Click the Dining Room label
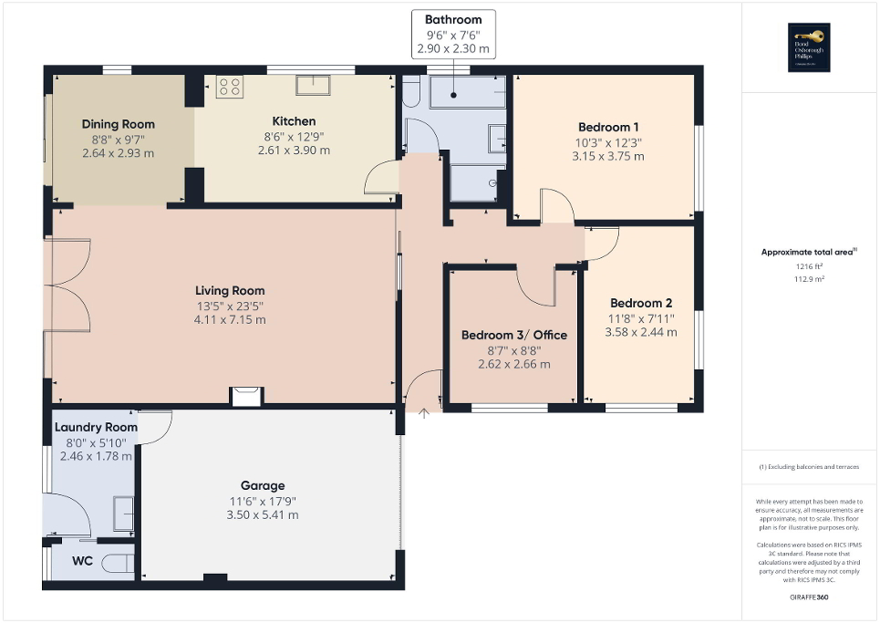point(118,124)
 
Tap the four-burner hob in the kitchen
point(229,88)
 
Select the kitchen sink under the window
point(312,85)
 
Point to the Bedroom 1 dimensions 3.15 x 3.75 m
point(608,156)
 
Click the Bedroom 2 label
point(641,303)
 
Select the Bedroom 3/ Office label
point(513,335)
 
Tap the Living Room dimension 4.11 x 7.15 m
point(223,320)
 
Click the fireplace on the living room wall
point(246,395)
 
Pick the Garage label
point(263,485)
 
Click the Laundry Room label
point(96,427)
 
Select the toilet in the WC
point(118,564)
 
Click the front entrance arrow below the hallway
point(424,414)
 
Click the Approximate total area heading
point(809,251)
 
